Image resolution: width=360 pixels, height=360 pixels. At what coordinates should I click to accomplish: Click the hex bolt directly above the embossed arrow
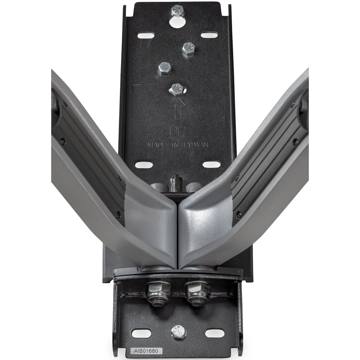click(x=177, y=89)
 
